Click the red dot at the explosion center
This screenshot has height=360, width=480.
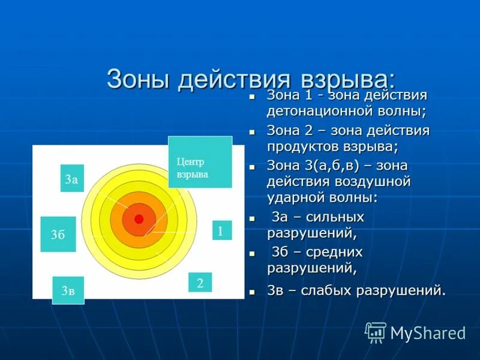pos(139,219)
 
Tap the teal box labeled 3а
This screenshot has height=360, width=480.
pos(72,178)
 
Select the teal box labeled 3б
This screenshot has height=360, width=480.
pos(58,234)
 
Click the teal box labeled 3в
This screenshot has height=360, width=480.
pos(68,290)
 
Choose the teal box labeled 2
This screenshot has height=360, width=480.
pos(200,283)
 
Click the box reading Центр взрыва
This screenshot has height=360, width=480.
pos(200,162)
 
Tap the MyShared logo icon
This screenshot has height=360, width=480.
pos(376,332)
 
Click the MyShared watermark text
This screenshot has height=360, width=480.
pos(428,333)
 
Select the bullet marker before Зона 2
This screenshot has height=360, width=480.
pos(253,131)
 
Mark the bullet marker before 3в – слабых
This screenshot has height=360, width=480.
pos(253,292)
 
